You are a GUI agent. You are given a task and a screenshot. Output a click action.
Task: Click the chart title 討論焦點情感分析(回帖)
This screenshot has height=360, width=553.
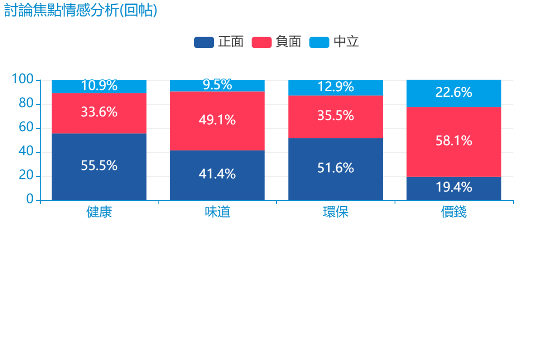(x=80, y=10)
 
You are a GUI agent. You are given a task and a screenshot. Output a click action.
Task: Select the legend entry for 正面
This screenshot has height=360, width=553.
(x=219, y=42)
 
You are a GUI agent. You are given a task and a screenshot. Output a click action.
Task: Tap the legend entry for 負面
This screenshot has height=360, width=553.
(x=276, y=42)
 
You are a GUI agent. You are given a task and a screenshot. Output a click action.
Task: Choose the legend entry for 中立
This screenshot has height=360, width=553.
(x=334, y=42)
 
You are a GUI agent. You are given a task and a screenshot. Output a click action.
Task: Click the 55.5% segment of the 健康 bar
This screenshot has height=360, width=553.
(x=99, y=166)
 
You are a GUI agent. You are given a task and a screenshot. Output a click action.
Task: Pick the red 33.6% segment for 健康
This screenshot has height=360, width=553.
(x=99, y=112)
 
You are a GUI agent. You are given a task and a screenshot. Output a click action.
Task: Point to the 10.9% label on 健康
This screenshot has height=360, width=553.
(x=99, y=86)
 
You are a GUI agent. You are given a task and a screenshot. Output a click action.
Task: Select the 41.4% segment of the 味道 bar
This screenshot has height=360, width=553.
(x=217, y=174)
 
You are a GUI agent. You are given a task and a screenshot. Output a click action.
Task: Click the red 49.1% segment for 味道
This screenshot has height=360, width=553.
(x=217, y=120)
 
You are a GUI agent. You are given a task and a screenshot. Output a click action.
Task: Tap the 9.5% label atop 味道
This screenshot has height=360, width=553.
(x=217, y=85)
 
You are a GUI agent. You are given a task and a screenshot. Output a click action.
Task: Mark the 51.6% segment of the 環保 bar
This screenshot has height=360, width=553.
(x=336, y=168)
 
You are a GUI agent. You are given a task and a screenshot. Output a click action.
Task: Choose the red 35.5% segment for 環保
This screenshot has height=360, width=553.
(x=336, y=116)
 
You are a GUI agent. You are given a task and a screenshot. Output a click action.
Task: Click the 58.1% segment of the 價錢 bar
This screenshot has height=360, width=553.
(x=454, y=141)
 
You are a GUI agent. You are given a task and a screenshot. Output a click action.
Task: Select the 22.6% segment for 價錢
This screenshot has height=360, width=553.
(x=454, y=93)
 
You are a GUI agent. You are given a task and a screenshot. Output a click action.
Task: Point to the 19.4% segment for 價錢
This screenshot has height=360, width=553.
(x=454, y=187)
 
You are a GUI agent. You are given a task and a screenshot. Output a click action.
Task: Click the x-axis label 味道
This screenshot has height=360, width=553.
(x=217, y=212)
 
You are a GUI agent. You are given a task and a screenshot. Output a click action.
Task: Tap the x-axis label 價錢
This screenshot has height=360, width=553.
(x=454, y=212)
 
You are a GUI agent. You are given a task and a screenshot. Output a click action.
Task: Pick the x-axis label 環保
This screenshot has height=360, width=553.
(x=336, y=212)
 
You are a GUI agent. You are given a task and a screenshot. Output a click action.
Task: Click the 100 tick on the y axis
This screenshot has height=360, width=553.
(x=23, y=79)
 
